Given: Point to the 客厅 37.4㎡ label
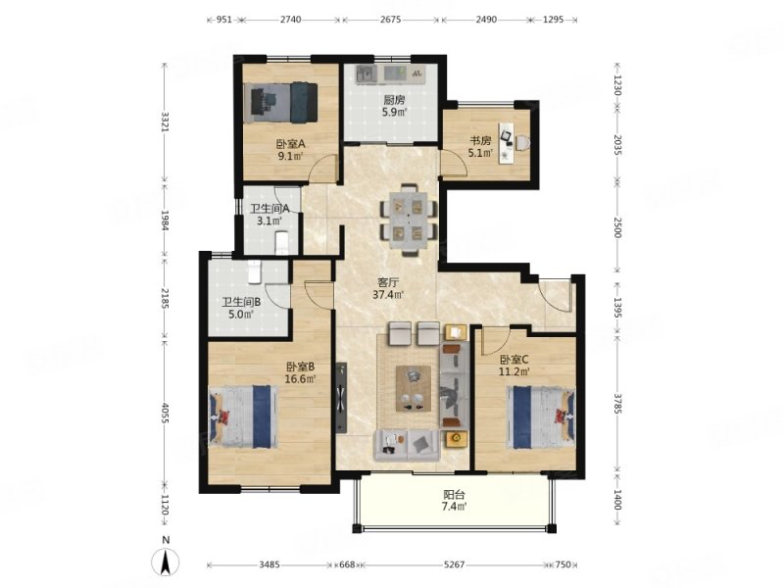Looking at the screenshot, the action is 388,288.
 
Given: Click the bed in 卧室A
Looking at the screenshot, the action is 280,103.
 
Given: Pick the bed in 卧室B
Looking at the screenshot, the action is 243,416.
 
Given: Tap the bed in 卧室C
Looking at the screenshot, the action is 541,416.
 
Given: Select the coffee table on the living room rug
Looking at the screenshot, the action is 414,389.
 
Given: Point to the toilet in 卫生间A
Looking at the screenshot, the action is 281,242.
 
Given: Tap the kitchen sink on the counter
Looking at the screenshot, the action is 366,74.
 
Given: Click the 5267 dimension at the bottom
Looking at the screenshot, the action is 454,565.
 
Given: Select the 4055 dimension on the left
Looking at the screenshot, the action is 166,413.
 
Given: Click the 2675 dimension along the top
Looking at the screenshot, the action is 390,20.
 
